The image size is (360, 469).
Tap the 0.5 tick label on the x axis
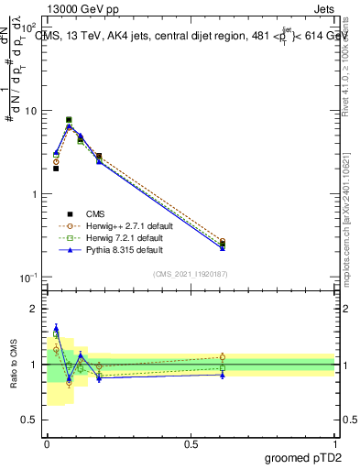(191, 443)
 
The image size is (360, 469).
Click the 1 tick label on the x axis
(335, 443)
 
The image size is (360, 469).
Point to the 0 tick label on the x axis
(47, 443)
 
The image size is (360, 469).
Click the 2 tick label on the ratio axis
(35, 309)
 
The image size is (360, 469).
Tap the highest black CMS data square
(69, 120)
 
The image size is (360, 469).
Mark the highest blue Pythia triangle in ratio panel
(56, 327)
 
